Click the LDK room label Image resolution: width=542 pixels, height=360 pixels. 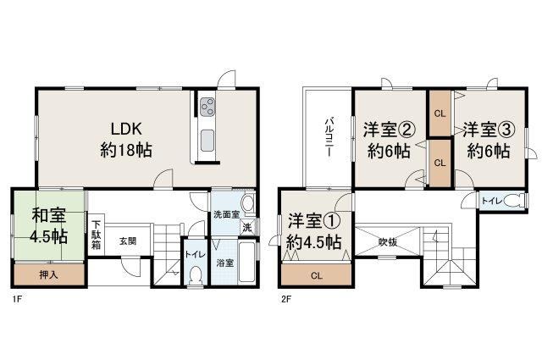coord(126,140)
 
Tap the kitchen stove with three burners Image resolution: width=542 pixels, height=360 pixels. coord(207,107)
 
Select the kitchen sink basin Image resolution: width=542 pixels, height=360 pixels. coord(207,141)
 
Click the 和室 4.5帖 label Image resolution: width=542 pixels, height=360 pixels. coord(48,226)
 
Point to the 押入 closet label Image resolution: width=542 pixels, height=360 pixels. coord(49,275)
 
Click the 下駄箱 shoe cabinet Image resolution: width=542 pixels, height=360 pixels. coord(96,235)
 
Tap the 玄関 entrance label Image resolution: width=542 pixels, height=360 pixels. coord(128,241)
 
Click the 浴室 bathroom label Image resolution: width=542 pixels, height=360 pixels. coord(225,263)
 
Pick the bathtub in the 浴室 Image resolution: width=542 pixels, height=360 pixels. coord(246,263)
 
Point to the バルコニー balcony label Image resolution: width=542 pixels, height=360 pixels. coord(329,137)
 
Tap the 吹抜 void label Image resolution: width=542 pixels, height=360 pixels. coord(388,242)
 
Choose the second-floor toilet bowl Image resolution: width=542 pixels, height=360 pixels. coord(514,201)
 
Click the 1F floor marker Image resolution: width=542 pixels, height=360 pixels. coord(17,300)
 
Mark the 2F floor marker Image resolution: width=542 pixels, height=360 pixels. coord(286,300)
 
